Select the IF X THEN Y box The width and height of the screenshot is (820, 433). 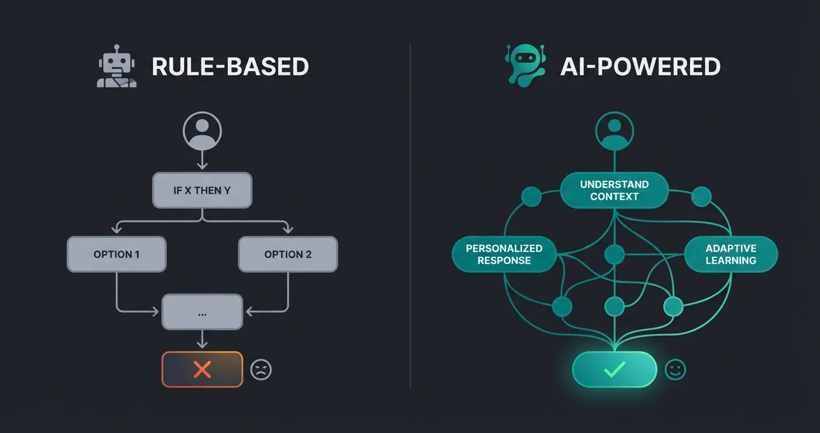202,190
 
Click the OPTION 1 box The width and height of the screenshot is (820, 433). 116,254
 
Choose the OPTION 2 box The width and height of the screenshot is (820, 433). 288,254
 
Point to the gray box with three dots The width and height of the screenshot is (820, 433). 202,312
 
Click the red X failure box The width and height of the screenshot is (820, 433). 202,369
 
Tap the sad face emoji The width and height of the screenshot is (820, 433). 261,370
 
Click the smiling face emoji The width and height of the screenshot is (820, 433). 675,370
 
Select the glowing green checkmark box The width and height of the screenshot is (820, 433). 614,370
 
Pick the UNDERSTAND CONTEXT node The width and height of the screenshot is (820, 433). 614,191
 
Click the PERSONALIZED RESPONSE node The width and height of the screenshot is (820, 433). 504,254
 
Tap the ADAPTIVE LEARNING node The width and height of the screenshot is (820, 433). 731,254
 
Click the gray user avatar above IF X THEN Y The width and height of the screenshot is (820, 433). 202,131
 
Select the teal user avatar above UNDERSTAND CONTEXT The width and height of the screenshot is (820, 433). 614,131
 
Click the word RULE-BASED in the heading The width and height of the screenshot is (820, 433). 230,67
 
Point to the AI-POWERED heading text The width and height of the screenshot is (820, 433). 640,67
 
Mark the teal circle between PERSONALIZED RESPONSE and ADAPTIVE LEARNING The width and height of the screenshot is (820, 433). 614,254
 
